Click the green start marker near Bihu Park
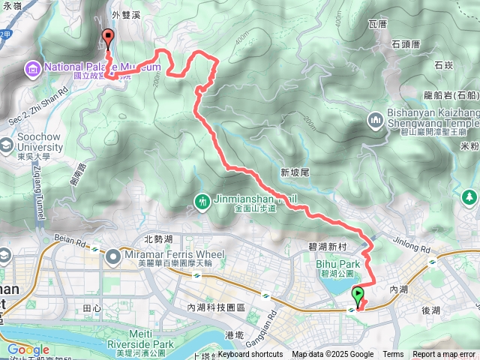(358, 295)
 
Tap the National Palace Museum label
(102, 67)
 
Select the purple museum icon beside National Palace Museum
(33, 70)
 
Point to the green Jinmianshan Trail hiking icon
(202, 201)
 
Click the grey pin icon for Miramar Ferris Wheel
(113, 257)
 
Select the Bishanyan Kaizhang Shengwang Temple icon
(376, 119)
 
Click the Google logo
(28, 349)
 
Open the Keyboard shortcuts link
(250, 355)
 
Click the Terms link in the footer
(393, 355)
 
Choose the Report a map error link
(445, 355)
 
